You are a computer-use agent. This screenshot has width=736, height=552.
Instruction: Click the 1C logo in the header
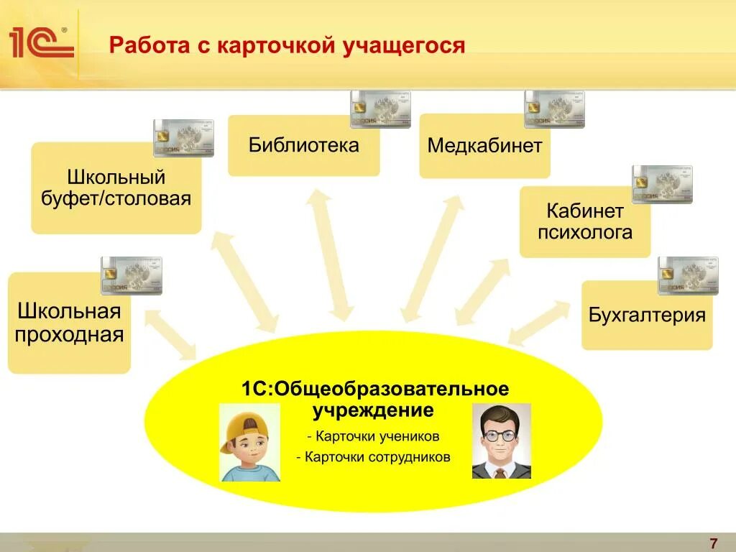42,43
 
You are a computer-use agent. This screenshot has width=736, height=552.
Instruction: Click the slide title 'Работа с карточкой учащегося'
287,46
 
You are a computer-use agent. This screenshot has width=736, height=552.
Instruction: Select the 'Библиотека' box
303,146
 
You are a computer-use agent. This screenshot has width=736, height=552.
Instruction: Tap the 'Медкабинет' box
484,147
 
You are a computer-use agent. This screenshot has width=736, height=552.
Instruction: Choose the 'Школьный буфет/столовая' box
116,188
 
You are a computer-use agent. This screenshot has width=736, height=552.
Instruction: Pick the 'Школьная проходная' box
70,323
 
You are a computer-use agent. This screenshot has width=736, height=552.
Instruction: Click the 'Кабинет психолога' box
585,222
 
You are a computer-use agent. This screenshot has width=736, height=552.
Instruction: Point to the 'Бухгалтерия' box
647,316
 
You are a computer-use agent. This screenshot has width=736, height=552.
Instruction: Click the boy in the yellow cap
249,442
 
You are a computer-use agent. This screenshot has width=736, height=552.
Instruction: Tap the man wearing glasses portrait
501,441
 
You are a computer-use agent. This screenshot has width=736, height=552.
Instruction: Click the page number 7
713,543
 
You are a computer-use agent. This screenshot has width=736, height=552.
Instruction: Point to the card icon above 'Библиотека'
379,109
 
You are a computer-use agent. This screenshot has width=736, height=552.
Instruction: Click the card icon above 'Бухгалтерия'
688,275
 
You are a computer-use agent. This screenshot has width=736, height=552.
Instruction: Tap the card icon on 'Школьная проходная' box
131,275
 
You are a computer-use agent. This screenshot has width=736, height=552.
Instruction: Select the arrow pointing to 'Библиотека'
330,255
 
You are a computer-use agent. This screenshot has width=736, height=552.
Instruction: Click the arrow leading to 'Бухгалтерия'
539,323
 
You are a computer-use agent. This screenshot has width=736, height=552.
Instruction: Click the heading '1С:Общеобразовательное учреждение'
374,400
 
